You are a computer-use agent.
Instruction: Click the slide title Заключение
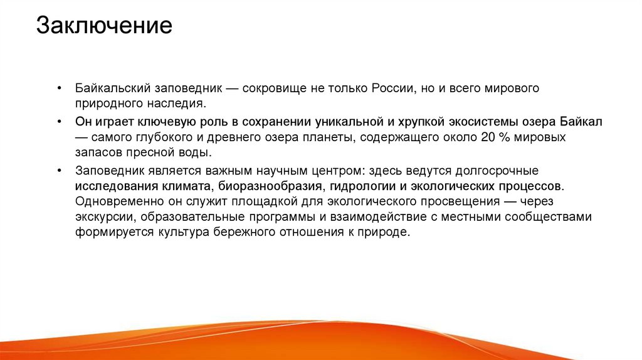pyautogui.click(x=103, y=26)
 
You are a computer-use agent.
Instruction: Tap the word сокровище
pyautogui.click(x=274, y=88)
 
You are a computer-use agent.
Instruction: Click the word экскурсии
pyautogui.click(x=105, y=217)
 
